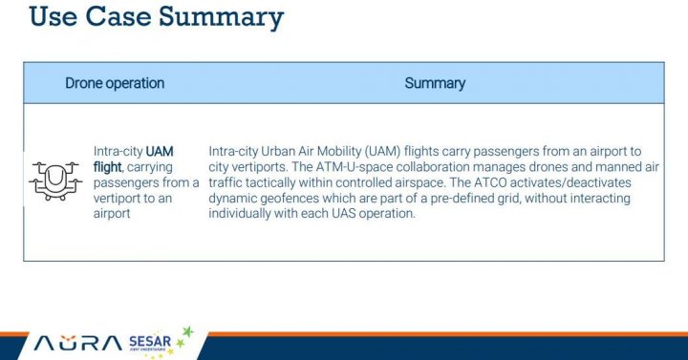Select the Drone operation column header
point(115,83)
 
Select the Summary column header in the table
point(435,83)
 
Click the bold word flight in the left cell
point(107,167)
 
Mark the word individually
point(243,213)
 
